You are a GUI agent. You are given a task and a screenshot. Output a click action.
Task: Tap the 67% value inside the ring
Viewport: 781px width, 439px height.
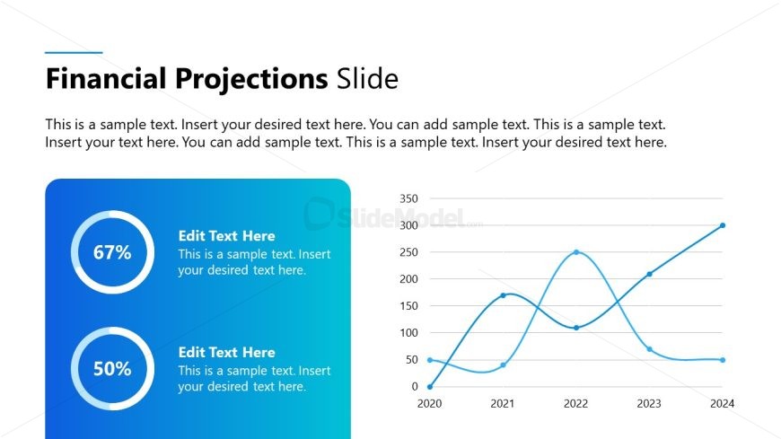click(112, 252)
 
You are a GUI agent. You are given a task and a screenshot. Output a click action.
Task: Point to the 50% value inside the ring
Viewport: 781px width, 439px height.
click(112, 369)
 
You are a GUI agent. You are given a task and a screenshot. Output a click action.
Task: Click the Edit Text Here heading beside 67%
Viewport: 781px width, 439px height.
click(226, 236)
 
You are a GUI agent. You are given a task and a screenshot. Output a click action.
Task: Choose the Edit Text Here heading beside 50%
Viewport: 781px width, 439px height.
click(226, 353)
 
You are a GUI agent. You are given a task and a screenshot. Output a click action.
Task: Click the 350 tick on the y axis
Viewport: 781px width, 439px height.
click(408, 198)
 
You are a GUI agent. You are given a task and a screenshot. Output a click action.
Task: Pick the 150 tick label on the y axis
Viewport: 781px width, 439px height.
click(408, 306)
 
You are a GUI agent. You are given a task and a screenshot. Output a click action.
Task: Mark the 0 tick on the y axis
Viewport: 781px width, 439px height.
click(415, 387)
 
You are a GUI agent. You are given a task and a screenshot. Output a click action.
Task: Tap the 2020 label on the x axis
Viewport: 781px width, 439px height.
click(430, 404)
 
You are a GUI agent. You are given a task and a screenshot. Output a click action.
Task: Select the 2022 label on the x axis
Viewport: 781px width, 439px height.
click(576, 404)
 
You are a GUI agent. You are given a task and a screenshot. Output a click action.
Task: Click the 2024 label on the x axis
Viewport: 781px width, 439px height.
click(723, 404)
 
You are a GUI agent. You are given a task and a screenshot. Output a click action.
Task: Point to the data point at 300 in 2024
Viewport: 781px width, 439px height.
click(723, 225)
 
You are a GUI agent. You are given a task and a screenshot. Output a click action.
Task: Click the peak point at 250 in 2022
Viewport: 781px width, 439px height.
click(576, 252)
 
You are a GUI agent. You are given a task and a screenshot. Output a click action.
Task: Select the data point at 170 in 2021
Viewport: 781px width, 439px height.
click(503, 295)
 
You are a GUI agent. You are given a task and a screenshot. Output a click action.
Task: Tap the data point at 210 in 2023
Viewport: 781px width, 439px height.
click(649, 274)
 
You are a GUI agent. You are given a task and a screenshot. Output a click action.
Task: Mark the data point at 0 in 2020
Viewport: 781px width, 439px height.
click(430, 387)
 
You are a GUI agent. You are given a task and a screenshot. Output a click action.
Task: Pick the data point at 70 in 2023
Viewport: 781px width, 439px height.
click(649, 349)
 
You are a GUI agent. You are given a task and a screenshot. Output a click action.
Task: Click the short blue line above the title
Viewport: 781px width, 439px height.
click(74, 53)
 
